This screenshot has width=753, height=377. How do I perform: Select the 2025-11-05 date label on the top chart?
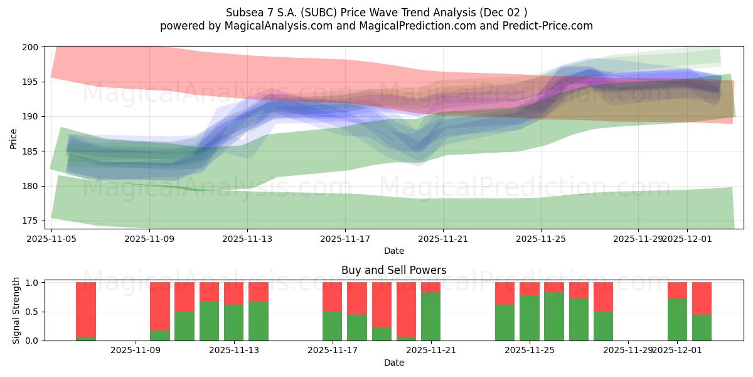51,239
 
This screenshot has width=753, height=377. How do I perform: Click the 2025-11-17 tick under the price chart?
345,239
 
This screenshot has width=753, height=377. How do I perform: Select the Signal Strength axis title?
17,310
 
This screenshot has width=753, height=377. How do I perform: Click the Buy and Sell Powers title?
393,270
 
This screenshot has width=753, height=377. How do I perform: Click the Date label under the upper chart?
393,251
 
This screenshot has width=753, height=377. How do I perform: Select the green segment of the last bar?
702,327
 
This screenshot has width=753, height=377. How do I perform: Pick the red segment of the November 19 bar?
406,309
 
